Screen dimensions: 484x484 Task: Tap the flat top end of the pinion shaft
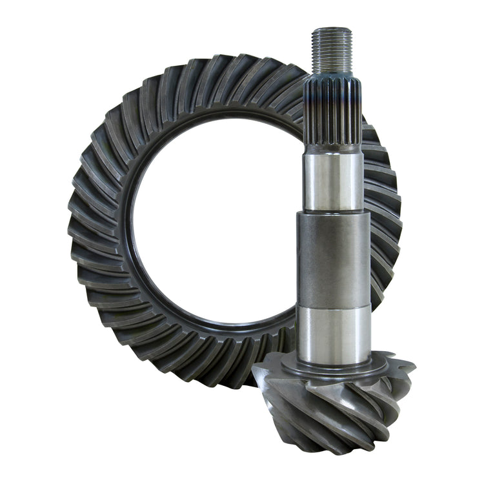click(332, 29)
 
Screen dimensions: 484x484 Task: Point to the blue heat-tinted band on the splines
click(333, 97)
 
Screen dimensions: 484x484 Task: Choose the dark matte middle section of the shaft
click(334, 258)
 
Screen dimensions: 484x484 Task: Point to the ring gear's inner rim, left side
click(130, 226)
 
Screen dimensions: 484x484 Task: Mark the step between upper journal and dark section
click(334, 213)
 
